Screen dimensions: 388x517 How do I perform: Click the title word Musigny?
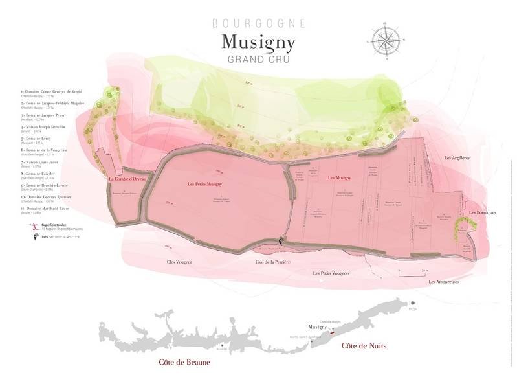258,41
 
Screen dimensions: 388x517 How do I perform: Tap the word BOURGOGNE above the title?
259,23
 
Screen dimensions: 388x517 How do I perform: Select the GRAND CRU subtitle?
258,60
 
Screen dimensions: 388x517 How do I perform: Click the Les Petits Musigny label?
204,185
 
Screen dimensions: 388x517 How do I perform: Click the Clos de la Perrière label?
272,262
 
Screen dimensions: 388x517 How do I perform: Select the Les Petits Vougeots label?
331,273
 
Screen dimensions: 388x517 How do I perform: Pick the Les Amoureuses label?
443,282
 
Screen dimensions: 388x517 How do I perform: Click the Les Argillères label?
456,157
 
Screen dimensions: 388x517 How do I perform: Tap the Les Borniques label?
481,212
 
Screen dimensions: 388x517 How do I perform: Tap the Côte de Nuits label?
364,346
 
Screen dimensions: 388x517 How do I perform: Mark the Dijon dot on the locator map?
412,303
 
